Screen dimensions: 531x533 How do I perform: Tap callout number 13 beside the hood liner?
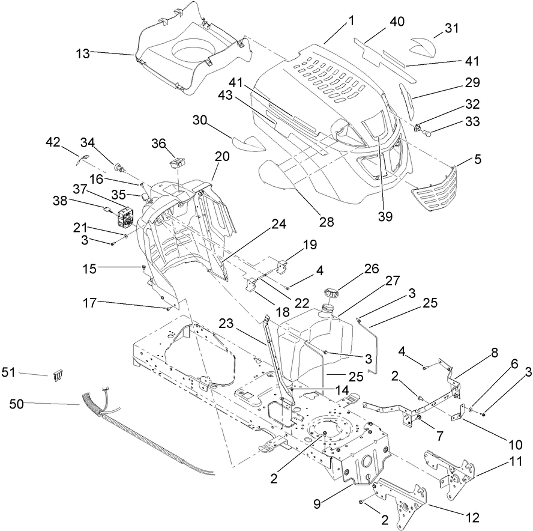(82, 53)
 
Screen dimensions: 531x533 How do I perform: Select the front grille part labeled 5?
(433, 188)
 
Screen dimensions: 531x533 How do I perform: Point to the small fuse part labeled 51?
(59, 376)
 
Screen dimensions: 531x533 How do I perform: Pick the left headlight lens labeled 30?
(247, 143)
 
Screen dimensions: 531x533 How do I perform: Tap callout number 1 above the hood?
(351, 20)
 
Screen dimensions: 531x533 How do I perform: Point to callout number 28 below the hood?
(326, 222)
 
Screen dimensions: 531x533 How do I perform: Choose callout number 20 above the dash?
(222, 156)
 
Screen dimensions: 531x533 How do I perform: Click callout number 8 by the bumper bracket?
(494, 354)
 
